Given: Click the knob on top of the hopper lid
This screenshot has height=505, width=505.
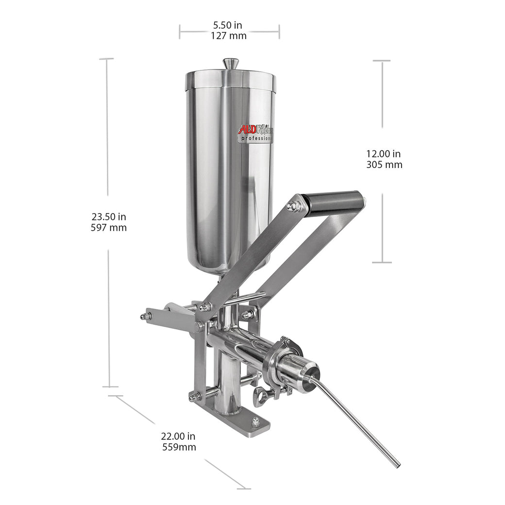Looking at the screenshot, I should pos(230,64).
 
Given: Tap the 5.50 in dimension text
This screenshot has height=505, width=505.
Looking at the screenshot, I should pos(228,25).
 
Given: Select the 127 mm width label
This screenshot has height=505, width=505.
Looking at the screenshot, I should pos(228,35).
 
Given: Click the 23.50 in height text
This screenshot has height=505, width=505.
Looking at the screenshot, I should pos(109,217).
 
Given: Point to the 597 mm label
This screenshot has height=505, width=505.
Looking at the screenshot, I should pos(110,227).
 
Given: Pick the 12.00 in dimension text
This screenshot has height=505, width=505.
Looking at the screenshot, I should pos(384,154).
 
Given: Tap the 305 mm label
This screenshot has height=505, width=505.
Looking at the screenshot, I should pos(384,165).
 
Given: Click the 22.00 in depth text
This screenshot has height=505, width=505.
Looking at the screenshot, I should pos(178,437).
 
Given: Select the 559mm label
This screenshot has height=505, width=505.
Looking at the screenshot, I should pos(179,447).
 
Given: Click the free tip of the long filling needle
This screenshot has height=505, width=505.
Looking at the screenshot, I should pos(398,465).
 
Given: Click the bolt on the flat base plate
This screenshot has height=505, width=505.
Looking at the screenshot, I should pos(256,424).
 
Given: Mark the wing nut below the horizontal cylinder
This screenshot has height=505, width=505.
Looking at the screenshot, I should pos(259,395).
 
